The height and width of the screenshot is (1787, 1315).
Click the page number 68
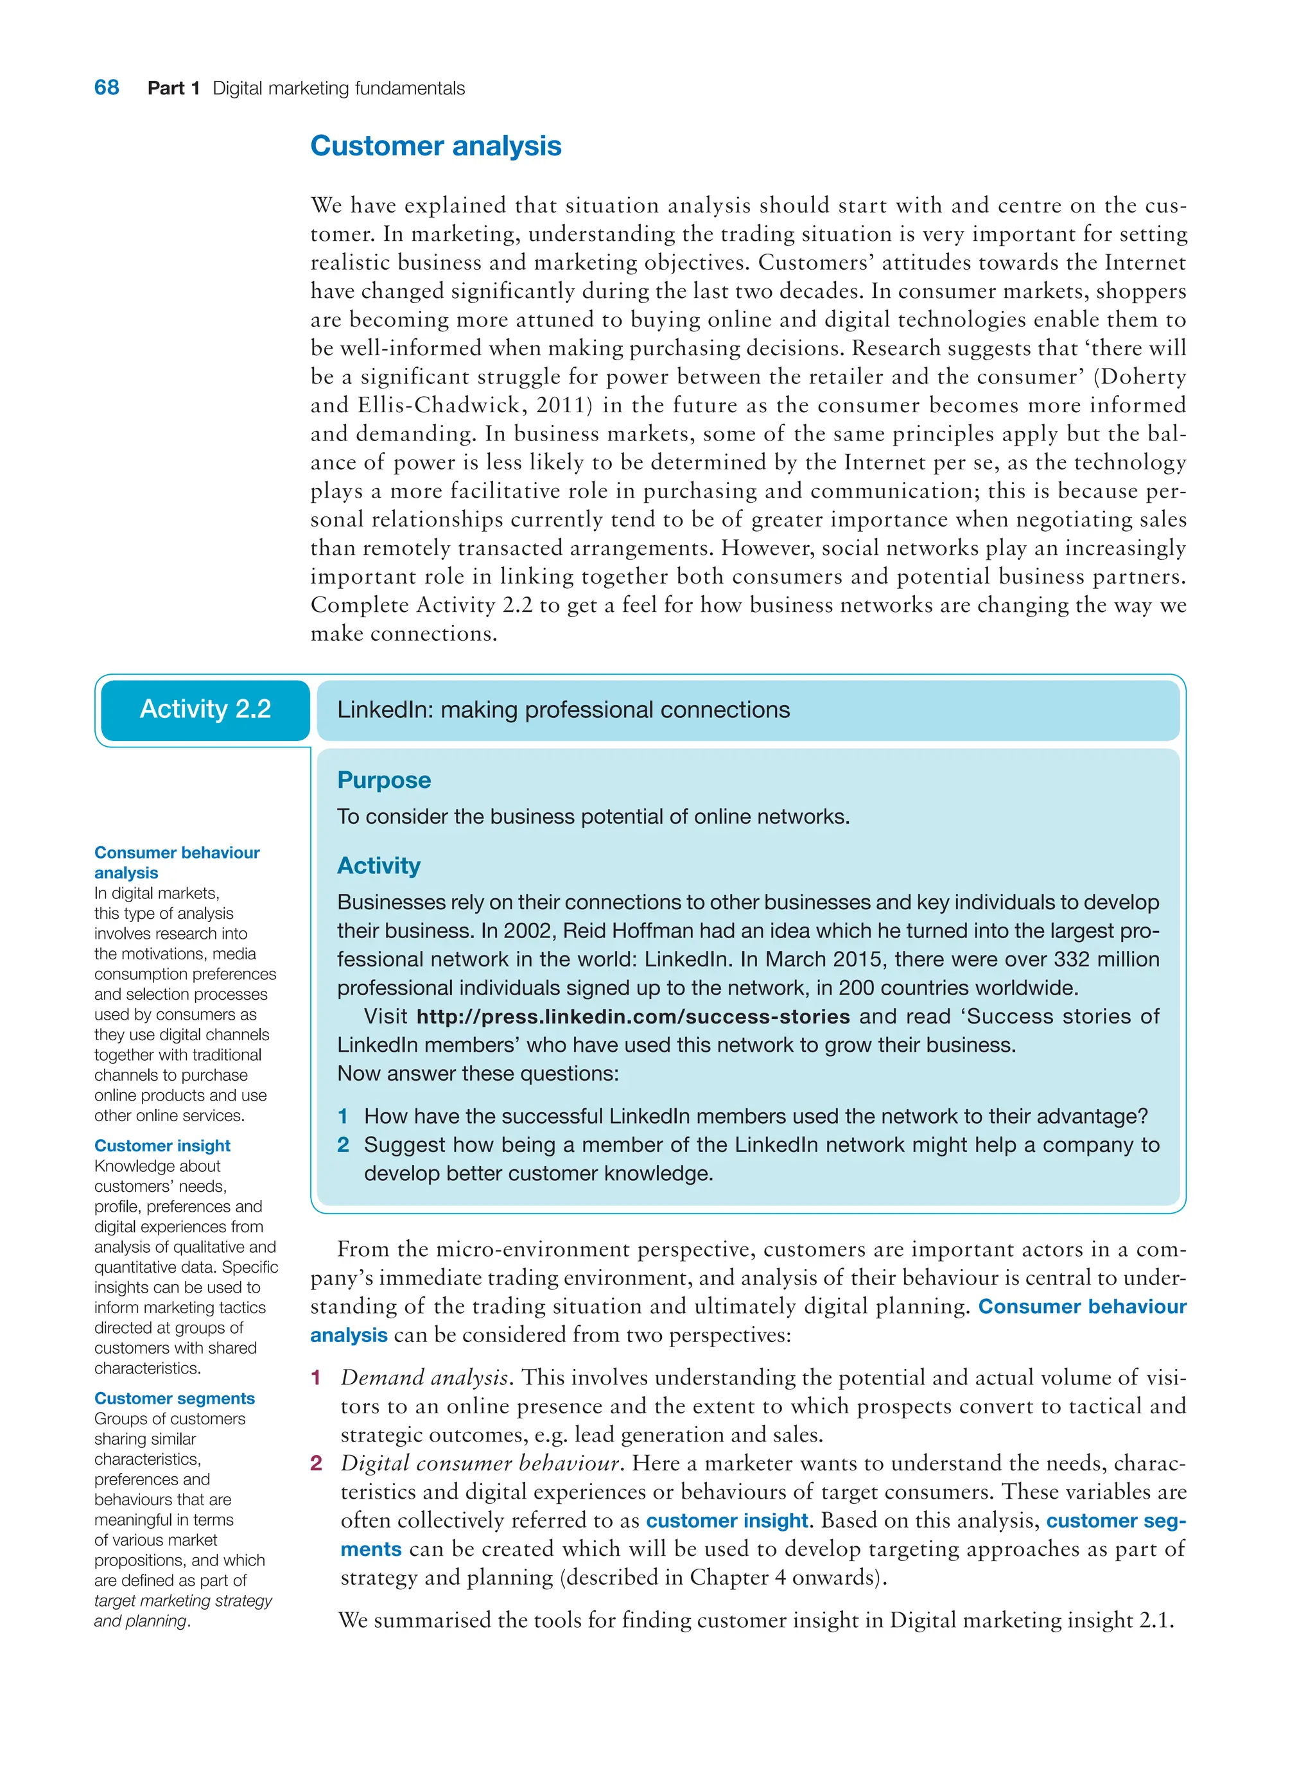(x=107, y=87)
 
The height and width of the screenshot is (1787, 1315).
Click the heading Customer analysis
(x=435, y=146)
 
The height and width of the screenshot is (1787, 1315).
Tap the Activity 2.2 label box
(x=205, y=710)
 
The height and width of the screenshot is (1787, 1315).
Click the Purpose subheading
(x=384, y=780)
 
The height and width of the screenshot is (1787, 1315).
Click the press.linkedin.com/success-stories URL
(x=633, y=1016)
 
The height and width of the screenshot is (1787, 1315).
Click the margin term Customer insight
(x=162, y=1146)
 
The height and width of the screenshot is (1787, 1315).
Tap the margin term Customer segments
(x=174, y=1399)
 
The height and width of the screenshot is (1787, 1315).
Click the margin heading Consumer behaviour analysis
(x=177, y=862)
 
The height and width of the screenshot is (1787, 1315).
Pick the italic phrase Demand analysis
(x=425, y=1378)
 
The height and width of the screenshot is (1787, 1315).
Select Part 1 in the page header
(x=173, y=89)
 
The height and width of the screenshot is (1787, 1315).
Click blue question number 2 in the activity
(x=343, y=1145)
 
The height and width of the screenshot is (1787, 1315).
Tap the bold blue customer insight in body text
(x=727, y=1521)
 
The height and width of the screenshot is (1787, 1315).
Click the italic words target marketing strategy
(x=183, y=1601)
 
